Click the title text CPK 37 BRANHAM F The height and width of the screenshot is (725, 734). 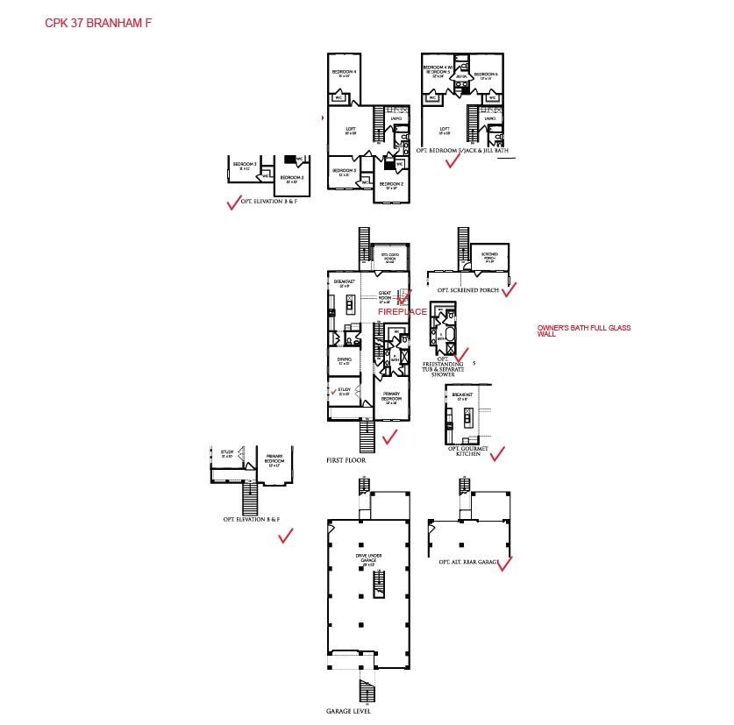click(97, 21)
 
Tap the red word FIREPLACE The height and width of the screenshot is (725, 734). click(402, 311)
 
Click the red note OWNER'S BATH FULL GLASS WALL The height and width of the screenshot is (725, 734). click(583, 331)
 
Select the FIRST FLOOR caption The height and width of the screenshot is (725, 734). click(346, 460)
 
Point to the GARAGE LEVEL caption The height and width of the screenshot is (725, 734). click(348, 711)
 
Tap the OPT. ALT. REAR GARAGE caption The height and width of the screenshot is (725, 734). click(469, 561)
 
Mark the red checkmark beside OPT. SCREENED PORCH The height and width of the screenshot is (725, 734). click(509, 288)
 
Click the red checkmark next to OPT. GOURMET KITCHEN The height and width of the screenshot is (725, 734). click(497, 453)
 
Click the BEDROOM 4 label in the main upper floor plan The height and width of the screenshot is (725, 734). click(344, 71)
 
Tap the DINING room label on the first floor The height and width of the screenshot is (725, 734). click(344, 359)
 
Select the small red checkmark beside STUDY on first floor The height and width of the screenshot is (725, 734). click(333, 391)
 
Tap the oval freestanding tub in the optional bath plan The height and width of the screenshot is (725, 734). click(446, 334)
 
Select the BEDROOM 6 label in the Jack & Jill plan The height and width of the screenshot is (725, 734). click(486, 75)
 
